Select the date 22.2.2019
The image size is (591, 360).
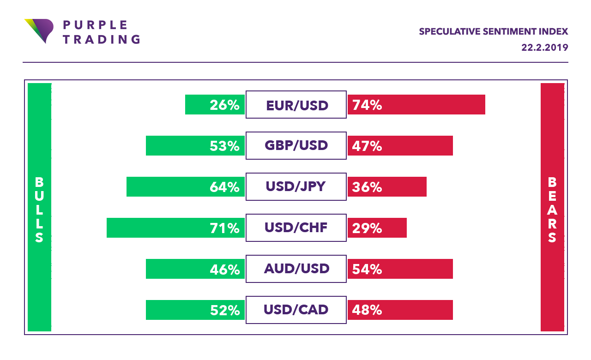(x=545, y=48)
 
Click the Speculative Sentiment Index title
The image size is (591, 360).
(x=493, y=32)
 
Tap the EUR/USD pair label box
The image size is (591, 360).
(x=296, y=105)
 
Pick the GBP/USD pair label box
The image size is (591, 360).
(x=296, y=146)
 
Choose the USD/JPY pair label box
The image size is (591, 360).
(x=296, y=187)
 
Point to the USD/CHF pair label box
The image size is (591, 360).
(x=296, y=228)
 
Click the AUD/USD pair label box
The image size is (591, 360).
(x=296, y=269)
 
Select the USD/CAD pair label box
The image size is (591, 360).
(x=296, y=310)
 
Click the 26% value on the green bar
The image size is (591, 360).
(x=224, y=105)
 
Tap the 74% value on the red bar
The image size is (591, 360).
(x=367, y=105)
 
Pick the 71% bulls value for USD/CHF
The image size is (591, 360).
(x=224, y=228)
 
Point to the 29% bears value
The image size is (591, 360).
(x=367, y=228)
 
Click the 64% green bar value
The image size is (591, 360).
(x=224, y=187)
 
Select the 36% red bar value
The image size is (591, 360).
(x=367, y=187)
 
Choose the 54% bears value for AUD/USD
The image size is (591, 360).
(x=367, y=269)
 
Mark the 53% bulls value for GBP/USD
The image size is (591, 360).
(x=224, y=146)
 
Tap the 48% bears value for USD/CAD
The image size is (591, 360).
(x=367, y=310)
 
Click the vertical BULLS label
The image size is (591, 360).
(x=39, y=210)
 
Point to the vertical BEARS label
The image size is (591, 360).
(x=552, y=210)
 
